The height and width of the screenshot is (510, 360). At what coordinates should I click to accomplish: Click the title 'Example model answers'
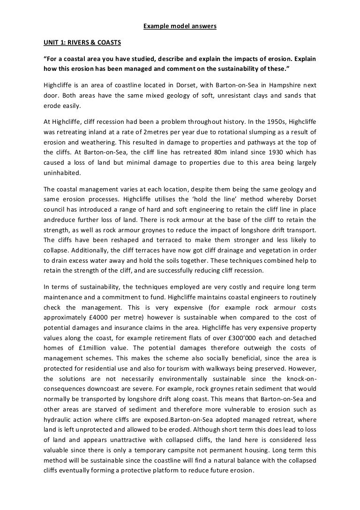pos(180,26)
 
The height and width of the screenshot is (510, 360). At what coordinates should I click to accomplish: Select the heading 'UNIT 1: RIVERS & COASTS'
pos(82,43)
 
